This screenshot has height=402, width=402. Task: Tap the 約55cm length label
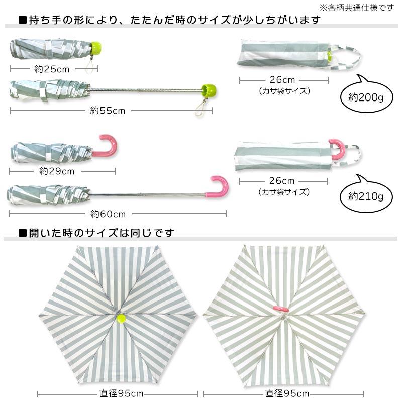(x=108, y=111)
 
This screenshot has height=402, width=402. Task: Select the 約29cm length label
(x=57, y=171)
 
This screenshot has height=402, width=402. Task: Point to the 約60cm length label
(x=108, y=214)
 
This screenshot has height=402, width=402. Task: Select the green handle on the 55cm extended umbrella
(x=206, y=90)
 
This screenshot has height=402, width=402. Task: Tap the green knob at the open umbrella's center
(x=121, y=318)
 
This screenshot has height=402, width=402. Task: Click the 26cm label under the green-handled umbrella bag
(x=282, y=80)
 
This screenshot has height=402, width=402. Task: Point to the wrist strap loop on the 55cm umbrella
(x=202, y=108)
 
